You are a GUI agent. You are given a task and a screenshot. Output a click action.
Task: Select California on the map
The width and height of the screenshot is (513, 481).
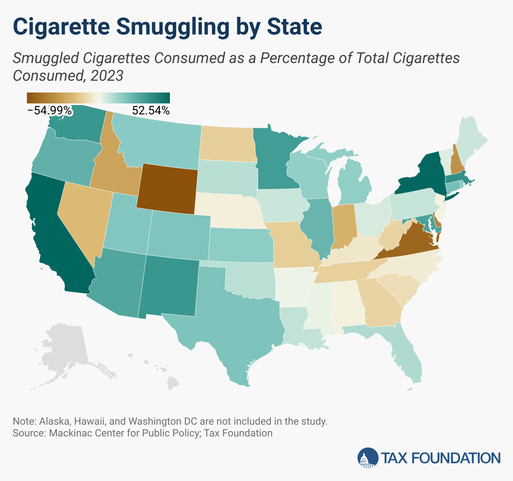55,235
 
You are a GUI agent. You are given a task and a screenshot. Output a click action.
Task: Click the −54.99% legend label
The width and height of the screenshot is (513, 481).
50,111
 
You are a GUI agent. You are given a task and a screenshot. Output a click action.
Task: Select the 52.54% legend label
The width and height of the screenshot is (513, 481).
151,111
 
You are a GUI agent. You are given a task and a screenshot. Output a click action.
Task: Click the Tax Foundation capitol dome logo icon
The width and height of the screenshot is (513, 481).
367,457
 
